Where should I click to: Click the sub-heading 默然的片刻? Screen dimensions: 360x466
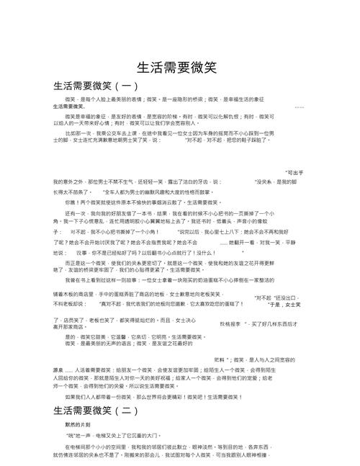click(79, 425)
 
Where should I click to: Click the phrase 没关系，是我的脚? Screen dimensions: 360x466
click(274, 182)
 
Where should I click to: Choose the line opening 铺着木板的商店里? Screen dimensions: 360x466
click(76, 274)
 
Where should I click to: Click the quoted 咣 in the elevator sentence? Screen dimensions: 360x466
click(71, 436)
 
